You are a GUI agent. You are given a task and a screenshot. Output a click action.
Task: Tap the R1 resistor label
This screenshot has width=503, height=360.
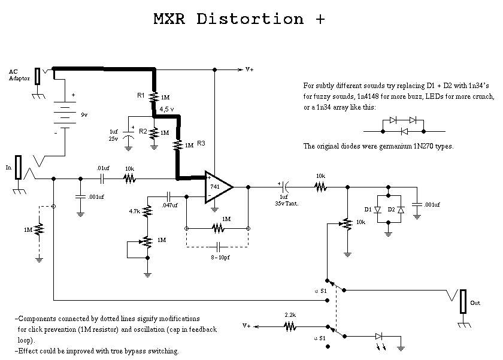(x=141, y=95)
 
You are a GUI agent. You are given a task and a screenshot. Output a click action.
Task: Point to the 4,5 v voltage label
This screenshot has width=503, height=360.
(x=166, y=110)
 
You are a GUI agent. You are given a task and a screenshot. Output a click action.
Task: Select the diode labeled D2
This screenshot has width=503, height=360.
(x=401, y=210)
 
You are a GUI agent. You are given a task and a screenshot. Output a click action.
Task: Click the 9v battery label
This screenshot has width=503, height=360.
(x=84, y=114)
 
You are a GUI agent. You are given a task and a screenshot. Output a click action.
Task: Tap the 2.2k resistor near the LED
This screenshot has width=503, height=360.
(x=290, y=326)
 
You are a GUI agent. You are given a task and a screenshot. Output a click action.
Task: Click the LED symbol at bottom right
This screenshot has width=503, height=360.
(x=379, y=338)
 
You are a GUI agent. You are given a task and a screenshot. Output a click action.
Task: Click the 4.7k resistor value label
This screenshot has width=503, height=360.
(x=134, y=211)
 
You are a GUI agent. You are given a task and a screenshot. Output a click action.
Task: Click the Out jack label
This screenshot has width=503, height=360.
(x=475, y=303)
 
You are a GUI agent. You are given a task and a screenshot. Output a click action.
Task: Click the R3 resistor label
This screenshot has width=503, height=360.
(x=201, y=143)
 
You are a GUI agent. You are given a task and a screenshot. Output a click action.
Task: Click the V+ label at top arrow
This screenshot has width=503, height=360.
(x=249, y=69)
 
